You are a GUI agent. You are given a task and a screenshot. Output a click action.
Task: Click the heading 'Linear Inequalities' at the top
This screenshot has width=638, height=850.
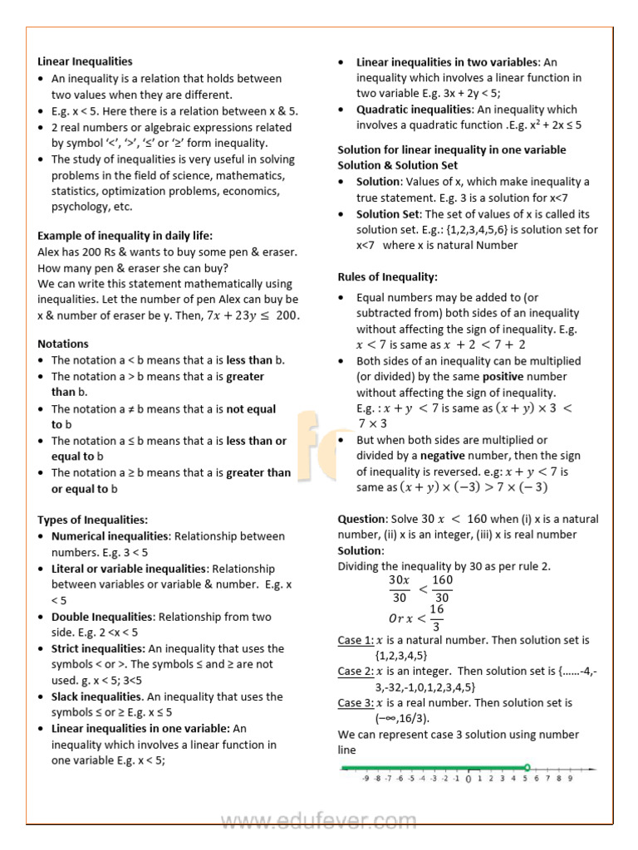pyautogui.click(x=85, y=61)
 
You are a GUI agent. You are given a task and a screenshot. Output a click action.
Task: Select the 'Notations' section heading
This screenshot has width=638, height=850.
pyautogui.click(x=63, y=344)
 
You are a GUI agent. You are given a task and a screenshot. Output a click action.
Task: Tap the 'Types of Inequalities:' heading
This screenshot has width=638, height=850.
pyautogui.click(x=93, y=520)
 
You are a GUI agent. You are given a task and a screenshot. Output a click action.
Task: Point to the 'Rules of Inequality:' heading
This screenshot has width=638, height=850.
pyautogui.click(x=387, y=277)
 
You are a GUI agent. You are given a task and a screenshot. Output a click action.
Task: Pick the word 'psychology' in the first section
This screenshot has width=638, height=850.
pyautogui.click(x=81, y=207)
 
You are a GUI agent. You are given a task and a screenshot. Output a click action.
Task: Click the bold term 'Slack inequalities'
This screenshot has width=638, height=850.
pyautogui.click(x=96, y=697)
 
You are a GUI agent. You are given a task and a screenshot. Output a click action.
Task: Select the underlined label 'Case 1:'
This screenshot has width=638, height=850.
pyautogui.click(x=356, y=640)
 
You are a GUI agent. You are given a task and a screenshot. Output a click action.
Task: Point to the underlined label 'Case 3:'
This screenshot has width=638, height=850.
pyautogui.click(x=356, y=703)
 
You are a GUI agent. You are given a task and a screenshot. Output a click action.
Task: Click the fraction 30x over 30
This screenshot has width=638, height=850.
pyautogui.click(x=399, y=589)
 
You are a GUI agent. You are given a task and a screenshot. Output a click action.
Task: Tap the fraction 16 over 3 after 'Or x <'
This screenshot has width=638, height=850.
pyautogui.click(x=437, y=618)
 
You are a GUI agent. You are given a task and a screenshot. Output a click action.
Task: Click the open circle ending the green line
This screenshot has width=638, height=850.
pyautogui.click(x=527, y=767)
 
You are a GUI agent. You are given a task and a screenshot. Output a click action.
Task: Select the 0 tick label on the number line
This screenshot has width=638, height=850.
pyautogui.click(x=469, y=779)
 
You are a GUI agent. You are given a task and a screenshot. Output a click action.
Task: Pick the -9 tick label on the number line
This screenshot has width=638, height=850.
pyautogui.click(x=366, y=779)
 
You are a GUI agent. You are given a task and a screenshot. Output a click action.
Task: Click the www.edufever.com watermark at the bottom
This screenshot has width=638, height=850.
pyautogui.click(x=319, y=823)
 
